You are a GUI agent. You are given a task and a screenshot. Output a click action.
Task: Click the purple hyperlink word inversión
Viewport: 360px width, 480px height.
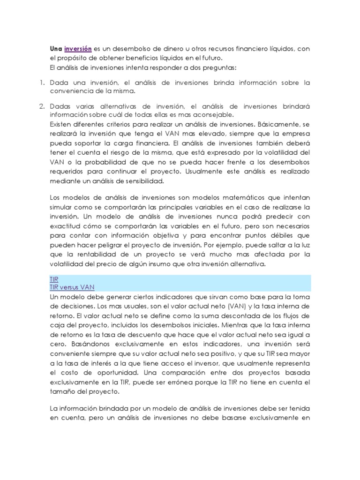tap(78, 49)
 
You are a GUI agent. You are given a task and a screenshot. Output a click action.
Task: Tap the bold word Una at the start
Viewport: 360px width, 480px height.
tap(56, 49)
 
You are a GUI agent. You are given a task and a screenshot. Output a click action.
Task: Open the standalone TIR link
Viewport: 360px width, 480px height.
tap(54, 279)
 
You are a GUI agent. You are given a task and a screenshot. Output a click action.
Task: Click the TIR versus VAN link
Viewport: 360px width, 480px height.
tap(75, 287)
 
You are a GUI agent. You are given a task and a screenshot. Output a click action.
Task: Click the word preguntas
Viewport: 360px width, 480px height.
tap(220, 67)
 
